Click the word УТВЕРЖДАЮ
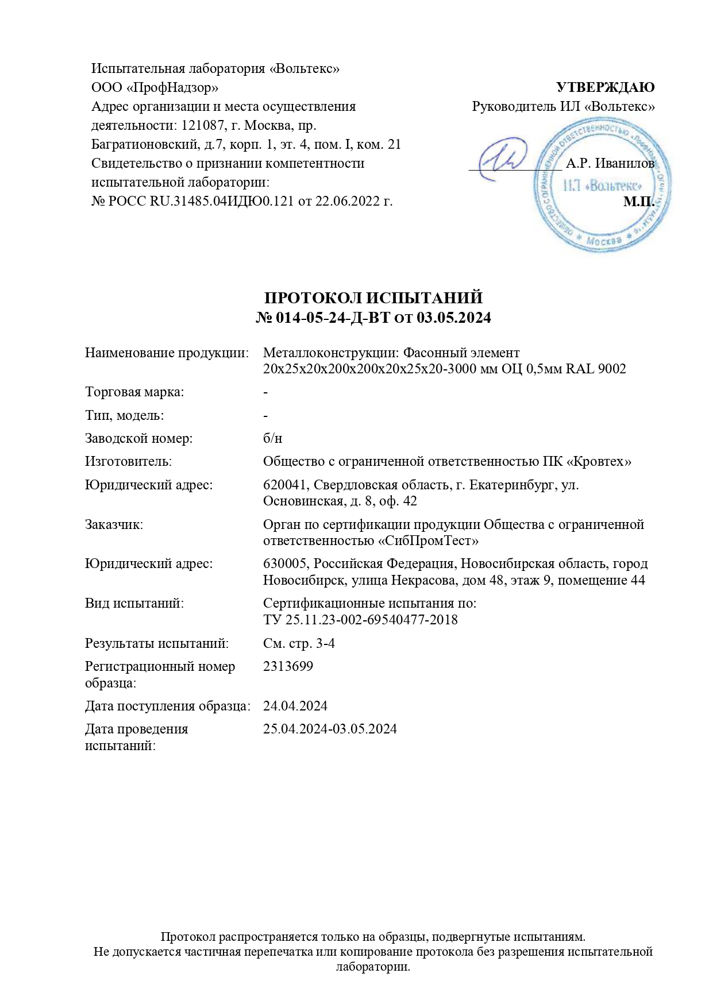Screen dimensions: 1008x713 [605, 87]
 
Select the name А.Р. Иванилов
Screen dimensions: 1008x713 [609, 164]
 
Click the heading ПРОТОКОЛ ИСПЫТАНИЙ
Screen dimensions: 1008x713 [373, 298]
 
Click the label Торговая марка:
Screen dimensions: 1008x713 [134, 392]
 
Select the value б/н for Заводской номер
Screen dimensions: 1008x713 [272, 439]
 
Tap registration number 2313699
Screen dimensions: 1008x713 [288, 666]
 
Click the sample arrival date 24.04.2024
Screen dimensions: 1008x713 [295, 706]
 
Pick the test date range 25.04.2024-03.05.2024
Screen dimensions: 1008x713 [330, 729]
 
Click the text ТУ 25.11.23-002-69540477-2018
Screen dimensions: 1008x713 [360, 620]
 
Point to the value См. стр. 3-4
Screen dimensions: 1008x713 [299, 643]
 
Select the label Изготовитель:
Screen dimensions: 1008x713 [128, 461]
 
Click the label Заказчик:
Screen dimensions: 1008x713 [114, 524]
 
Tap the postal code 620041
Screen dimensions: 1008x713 [284, 485]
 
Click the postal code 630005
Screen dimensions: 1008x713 [284, 563]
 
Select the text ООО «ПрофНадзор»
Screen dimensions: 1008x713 [155, 87]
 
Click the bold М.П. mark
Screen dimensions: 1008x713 [638, 202]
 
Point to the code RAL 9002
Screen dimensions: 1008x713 [596, 369]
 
